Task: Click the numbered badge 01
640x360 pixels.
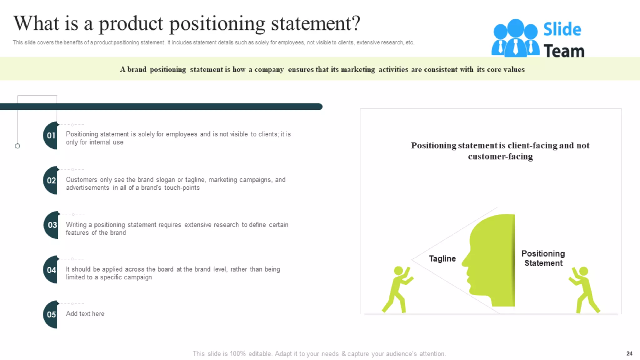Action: point(51,136)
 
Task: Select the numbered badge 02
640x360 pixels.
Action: point(51,180)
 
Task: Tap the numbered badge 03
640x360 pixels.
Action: point(52,225)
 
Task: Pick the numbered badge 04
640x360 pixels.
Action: point(51,270)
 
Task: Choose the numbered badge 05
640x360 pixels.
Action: point(51,314)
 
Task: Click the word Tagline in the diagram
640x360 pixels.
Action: point(442,259)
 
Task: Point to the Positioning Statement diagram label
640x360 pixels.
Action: point(543,258)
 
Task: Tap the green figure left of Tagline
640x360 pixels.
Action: point(397,289)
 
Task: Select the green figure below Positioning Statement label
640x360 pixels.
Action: point(585,289)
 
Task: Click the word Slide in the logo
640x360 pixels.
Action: point(562,30)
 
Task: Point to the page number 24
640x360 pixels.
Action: point(629,353)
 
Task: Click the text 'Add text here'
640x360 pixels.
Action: point(85,314)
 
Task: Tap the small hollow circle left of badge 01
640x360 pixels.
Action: point(17,146)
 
